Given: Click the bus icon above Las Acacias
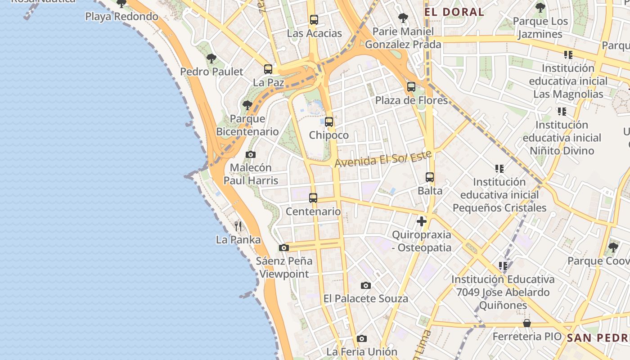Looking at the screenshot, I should (314, 20).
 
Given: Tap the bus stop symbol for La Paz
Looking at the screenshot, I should (268, 69).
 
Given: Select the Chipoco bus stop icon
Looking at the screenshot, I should (329, 122).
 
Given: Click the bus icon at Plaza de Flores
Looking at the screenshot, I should (411, 87).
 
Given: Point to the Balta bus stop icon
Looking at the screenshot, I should (430, 177).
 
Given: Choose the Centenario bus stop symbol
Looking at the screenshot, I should (313, 198).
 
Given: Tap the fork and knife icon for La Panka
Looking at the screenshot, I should (238, 226).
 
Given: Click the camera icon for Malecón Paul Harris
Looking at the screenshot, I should (251, 155).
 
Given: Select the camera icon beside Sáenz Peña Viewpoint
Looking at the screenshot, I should (283, 247).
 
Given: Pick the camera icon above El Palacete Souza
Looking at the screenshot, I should (366, 285).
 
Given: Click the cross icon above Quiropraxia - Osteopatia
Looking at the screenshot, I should (422, 221).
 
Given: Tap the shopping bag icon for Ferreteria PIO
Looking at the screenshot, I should (527, 323).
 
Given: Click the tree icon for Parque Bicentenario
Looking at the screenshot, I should (247, 105).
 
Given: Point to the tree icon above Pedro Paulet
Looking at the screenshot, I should (211, 58).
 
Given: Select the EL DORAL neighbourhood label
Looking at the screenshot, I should (454, 12).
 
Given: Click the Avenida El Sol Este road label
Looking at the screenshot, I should (383, 158).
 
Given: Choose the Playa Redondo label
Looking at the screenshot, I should (122, 17).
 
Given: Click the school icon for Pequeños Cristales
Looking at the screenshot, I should (499, 169).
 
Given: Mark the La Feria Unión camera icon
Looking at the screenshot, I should (362, 338).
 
